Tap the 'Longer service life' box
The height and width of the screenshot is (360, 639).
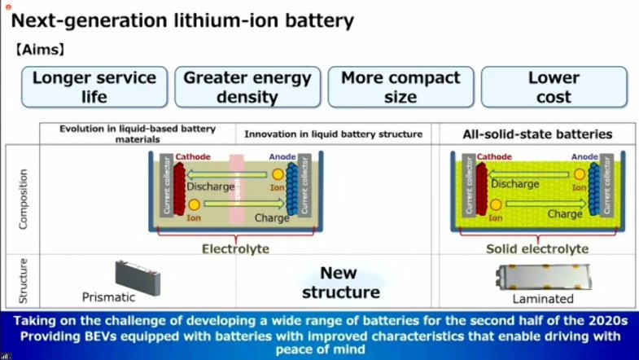point(94,87)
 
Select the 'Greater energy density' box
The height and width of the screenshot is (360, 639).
point(247,87)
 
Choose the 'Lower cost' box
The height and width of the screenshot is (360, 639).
point(554,87)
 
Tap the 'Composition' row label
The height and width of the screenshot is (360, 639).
point(22,198)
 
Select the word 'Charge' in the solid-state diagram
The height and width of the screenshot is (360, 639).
point(563,214)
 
